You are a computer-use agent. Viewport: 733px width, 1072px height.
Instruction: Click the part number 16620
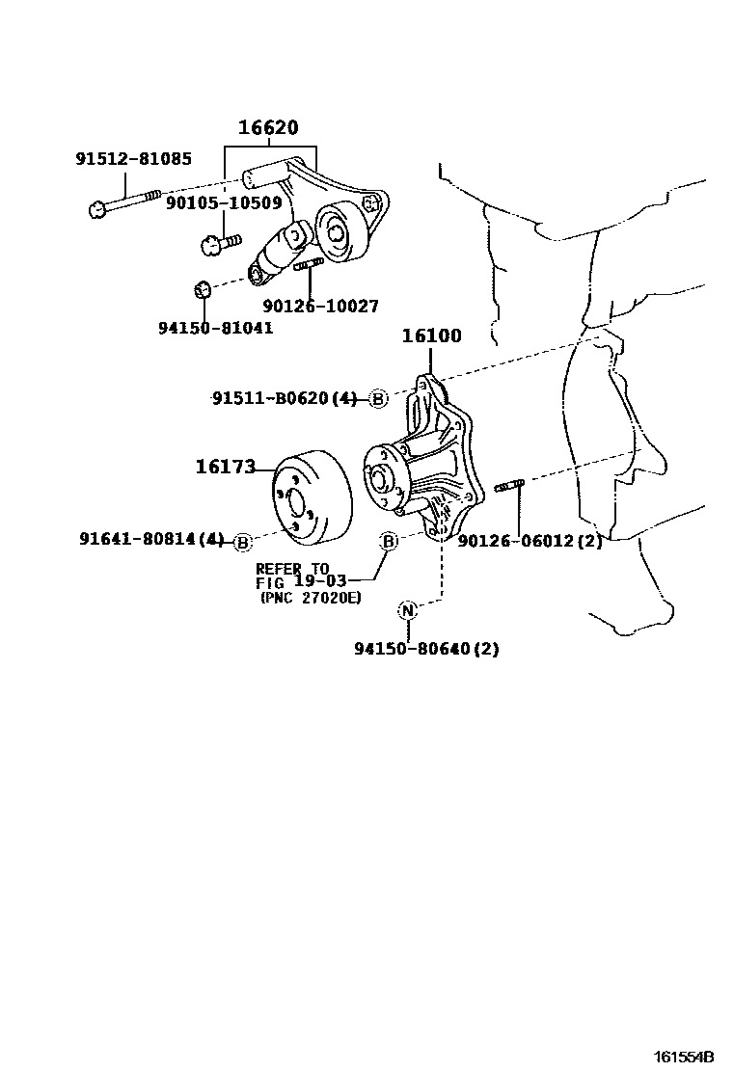tap(269, 128)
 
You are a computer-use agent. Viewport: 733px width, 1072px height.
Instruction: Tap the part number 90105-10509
tap(224, 203)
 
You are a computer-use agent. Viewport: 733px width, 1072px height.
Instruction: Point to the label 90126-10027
tap(320, 306)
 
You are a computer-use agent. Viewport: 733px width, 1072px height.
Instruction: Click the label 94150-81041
tap(215, 328)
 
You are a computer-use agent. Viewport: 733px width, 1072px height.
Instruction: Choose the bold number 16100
tap(431, 336)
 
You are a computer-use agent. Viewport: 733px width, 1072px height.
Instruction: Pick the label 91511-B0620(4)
tap(285, 398)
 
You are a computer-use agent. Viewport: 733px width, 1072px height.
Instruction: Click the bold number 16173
tap(226, 468)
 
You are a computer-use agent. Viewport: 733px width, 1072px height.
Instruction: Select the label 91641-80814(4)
tap(152, 541)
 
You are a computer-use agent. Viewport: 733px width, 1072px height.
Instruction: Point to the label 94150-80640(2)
tap(425, 649)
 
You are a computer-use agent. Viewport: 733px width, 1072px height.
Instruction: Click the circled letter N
tap(408, 609)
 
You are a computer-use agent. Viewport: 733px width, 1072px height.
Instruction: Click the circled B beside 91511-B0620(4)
tap(378, 399)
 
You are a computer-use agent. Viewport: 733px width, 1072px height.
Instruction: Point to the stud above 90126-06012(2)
tap(509, 487)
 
